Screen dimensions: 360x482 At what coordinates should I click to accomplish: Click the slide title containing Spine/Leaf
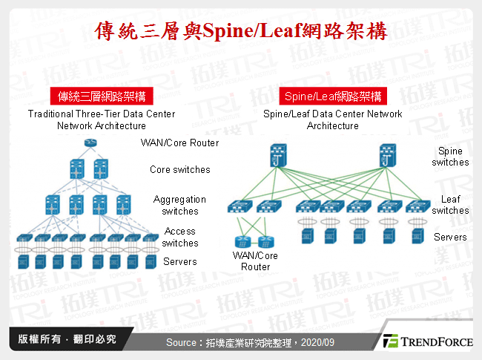pos(242,32)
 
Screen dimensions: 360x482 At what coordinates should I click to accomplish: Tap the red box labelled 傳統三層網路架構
pos(101,96)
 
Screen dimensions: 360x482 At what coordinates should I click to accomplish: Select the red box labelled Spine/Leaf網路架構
pos(332,96)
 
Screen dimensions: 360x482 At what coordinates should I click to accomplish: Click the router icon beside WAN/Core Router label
pos(90,143)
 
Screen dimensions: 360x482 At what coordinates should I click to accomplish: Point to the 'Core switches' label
pos(179,169)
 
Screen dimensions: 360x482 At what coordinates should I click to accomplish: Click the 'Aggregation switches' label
pos(180,205)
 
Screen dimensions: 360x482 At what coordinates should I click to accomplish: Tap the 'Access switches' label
pos(180,237)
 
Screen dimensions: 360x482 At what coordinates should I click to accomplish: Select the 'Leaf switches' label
pos(450,205)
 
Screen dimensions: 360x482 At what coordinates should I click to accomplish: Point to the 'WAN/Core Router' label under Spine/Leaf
pos(256,261)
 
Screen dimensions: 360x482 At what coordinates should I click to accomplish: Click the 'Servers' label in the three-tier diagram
pos(179,261)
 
